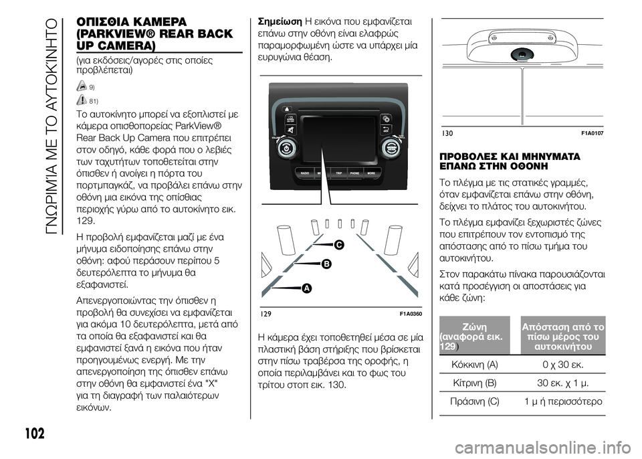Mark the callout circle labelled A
306,288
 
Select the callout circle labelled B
326,265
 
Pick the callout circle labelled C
339,246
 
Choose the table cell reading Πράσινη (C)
474,401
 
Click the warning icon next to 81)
82,100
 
